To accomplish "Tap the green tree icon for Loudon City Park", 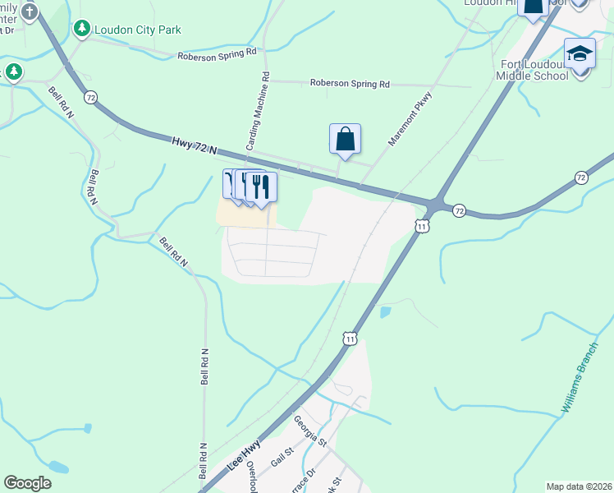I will coord(82,30).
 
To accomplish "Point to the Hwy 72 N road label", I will coord(195,145).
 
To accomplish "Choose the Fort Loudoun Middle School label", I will coord(532,70).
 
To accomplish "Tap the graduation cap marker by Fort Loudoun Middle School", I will coord(580,53).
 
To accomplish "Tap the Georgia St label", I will coord(311,431).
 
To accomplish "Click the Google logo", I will coord(28,483).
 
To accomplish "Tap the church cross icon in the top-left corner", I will coord(30,12).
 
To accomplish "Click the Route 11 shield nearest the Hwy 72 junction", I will coord(422,226).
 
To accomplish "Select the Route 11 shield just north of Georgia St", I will coord(351,338).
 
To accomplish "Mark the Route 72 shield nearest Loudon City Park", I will coord(90,97).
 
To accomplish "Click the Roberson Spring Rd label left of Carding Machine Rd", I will coord(218,54).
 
